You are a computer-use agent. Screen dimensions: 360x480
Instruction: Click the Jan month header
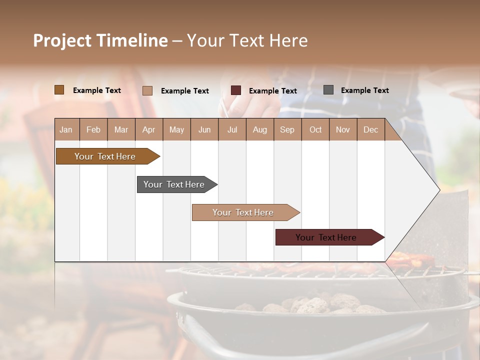pyautogui.click(x=66, y=129)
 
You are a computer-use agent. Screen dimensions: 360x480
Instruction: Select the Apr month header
pyautogui.click(x=149, y=129)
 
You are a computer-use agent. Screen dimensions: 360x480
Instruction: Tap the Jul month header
pyautogui.click(x=232, y=129)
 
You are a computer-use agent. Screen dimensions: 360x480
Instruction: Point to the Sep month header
pyautogui.click(x=287, y=129)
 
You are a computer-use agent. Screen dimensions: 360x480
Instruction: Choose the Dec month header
pyautogui.click(x=370, y=129)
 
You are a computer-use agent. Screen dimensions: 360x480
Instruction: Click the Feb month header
pyautogui.click(x=93, y=129)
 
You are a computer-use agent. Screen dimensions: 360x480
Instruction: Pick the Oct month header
pyautogui.click(x=315, y=129)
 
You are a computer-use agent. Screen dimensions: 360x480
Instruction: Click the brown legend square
pyautogui.click(x=59, y=90)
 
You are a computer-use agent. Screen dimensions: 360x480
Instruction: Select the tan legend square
pyautogui.click(x=147, y=90)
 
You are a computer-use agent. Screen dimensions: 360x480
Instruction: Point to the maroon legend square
pyautogui.click(x=236, y=90)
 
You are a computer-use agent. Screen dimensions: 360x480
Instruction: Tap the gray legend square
pyautogui.click(x=328, y=90)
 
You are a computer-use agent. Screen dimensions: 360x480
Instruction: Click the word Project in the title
pyautogui.click(x=62, y=40)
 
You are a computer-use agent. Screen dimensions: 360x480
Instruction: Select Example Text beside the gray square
pyautogui.click(x=364, y=90)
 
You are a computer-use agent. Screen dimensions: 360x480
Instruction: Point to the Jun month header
pyautogui.click(x=204, y=129)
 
